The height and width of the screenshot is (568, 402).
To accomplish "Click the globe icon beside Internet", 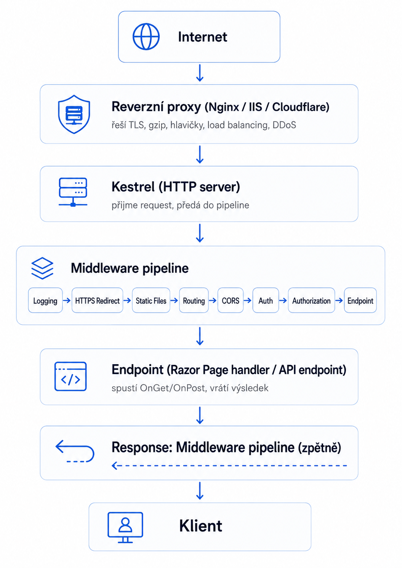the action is point(146,37).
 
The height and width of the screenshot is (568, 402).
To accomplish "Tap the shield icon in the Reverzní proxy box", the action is point(74,114).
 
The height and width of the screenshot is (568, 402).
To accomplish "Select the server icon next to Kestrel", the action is point(73,192).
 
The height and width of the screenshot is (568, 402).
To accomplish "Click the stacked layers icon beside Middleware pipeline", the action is point(42,268).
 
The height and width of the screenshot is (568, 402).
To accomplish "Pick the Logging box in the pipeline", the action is point(45,300).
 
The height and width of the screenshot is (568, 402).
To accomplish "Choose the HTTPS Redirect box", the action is point(98,300).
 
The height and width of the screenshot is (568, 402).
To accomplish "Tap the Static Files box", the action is point(151,300).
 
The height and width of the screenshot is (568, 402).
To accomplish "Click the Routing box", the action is point(194,300).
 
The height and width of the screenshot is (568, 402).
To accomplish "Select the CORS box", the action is point(231,300).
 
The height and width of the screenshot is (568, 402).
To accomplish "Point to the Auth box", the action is point(266,300).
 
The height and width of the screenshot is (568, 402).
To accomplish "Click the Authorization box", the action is point(311,300).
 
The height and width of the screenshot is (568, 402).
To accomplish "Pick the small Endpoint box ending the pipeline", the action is point(360,300).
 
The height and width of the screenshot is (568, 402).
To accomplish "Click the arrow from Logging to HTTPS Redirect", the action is point(67,301).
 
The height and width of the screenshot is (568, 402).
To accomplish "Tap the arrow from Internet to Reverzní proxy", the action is point(200,73).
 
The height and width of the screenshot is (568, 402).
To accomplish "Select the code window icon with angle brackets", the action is point(70,376).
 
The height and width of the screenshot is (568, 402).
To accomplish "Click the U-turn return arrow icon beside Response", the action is point(75,451).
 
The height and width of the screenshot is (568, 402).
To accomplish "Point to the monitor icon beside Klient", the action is point(125,527).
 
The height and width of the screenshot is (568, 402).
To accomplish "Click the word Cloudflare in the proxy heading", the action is point(301,107).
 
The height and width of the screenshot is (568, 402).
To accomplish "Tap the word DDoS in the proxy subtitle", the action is point(284,125).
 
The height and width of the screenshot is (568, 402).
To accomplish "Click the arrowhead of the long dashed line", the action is point(114,466).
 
